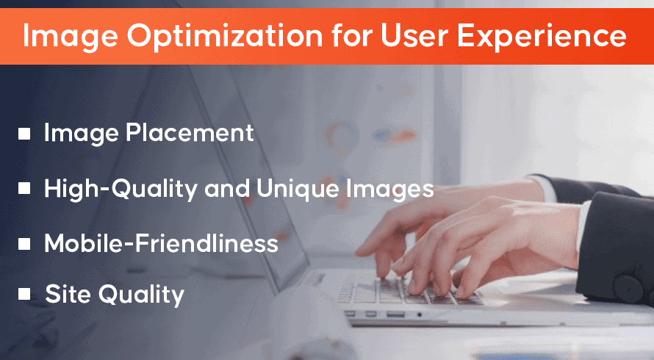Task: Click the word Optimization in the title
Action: (225, 37)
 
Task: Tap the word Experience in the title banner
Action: (542, 37)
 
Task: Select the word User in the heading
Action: (414, 36)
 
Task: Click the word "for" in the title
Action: (351, 35)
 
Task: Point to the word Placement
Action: (190, 133)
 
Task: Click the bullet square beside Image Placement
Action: (24, 134)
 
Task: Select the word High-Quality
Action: (121, 189)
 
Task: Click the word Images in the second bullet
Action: (390, 190)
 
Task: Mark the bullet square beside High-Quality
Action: (24, 188)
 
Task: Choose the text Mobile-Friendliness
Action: (161, 242)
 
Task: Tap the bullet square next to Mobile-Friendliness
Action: (24, 244)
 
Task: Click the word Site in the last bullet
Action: (68, 294)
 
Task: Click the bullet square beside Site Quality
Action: (24, 294)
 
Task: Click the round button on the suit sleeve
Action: (628, 288)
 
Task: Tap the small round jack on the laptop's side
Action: (419, 314)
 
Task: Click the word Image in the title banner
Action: (70, 37)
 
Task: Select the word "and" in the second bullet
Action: (226, 189)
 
